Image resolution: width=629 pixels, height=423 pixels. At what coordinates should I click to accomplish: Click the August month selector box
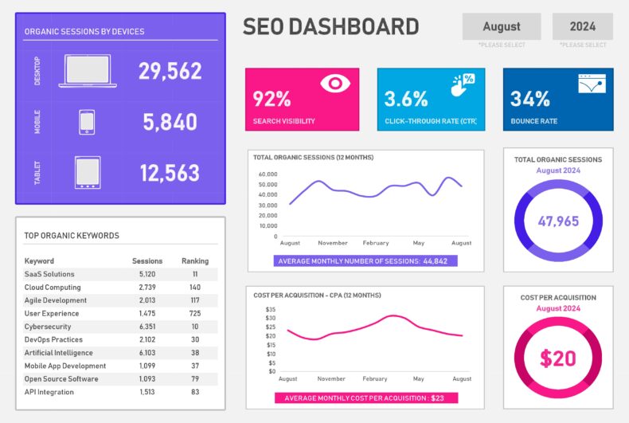pos(502,26)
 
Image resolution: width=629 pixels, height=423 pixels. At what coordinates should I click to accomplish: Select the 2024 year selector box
pos(582,26)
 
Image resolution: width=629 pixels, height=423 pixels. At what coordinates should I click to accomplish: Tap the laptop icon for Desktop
pos(88,71)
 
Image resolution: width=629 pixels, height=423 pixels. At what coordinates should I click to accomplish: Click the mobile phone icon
pos(87,122)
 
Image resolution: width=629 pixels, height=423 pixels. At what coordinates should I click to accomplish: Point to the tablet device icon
pos(88,173)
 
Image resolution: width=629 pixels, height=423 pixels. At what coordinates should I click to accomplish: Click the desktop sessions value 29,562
pos(170,72)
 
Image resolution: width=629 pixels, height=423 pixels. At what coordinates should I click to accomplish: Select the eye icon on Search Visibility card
pos(335,83)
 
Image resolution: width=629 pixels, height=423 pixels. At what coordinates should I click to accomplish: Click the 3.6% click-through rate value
pos(406,100)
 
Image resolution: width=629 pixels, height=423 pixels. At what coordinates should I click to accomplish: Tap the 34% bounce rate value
pos(530,100)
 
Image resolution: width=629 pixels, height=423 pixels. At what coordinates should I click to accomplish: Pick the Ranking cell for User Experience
pos(194,314)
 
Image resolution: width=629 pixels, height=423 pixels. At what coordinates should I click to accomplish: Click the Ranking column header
pos(194,260)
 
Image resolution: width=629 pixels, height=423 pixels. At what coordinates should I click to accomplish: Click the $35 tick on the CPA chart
pos(270,309)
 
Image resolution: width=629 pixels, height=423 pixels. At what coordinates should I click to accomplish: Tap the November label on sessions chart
pos(332,243)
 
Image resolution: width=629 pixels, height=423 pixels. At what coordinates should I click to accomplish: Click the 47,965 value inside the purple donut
pos(558,221)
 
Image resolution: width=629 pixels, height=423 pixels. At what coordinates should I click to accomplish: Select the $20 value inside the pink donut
pos(558,358)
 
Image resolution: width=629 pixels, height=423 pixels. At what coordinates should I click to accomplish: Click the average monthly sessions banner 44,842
pos(365,260)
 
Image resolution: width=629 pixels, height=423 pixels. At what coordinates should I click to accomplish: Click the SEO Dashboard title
pos(330,27)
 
